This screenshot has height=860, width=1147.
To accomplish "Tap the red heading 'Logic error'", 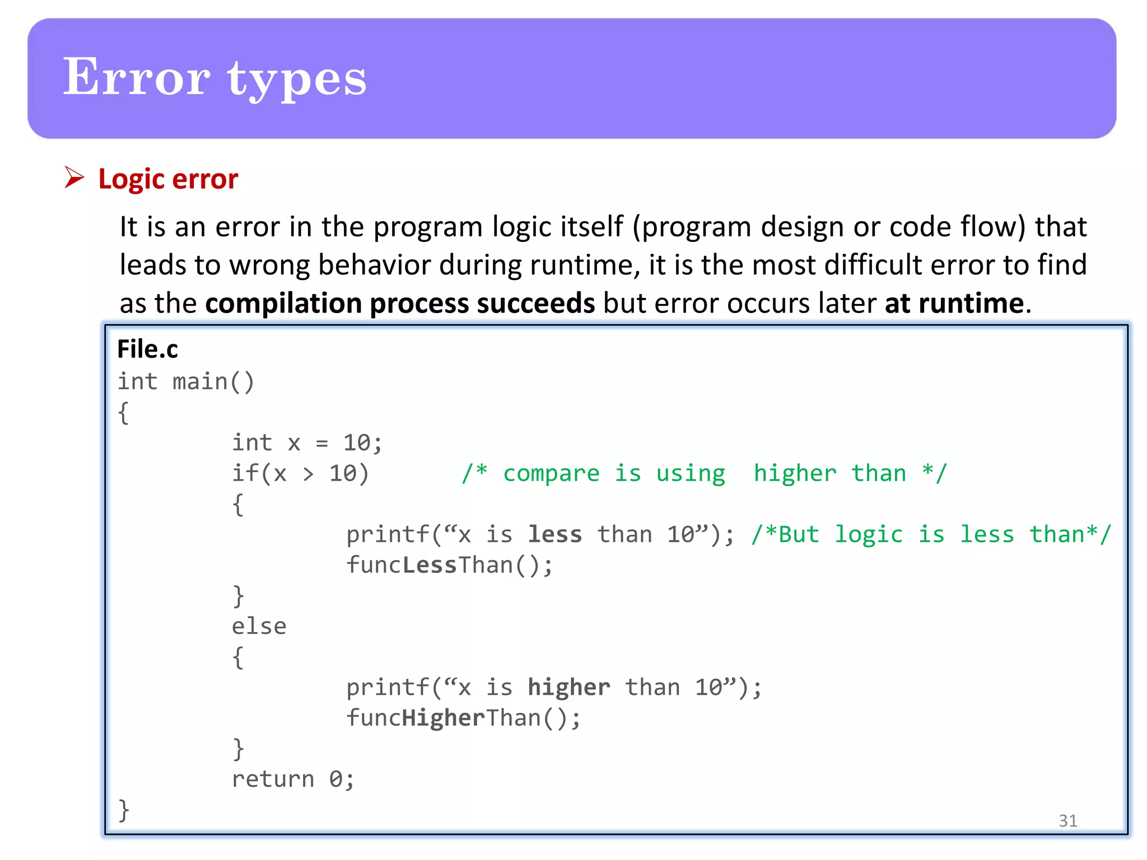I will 168,179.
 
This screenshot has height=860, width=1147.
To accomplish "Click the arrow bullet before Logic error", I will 74,177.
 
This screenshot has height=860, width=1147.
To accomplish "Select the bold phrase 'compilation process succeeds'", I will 400,303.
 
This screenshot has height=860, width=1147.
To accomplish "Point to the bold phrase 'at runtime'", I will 954,303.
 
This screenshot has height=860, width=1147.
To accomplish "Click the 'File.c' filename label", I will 147,349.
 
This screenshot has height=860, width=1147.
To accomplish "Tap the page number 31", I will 1067,820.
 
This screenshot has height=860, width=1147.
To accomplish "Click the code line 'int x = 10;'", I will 307,443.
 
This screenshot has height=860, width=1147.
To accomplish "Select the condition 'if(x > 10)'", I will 300,474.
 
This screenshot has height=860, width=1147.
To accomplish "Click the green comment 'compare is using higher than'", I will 704,474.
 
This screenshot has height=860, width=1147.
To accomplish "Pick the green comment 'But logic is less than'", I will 931,535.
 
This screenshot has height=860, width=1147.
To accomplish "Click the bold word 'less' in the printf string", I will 554,535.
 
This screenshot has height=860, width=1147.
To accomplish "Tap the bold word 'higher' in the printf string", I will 568,688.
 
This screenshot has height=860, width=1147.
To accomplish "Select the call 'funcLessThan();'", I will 449,565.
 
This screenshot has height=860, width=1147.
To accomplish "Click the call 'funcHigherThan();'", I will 463,718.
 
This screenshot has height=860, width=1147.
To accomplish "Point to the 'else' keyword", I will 259,627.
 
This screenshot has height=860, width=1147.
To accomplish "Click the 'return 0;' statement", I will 293,779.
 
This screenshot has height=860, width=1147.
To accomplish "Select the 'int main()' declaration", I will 185,382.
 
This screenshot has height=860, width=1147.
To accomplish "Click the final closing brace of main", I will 124,810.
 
